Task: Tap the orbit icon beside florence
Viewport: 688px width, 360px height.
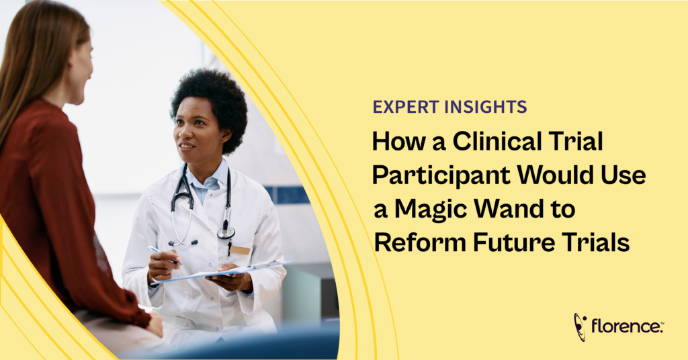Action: [x=580, y=326]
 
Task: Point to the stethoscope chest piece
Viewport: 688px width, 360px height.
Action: [x=226, y=232]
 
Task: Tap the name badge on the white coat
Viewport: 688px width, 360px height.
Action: [x=240, y=250]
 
